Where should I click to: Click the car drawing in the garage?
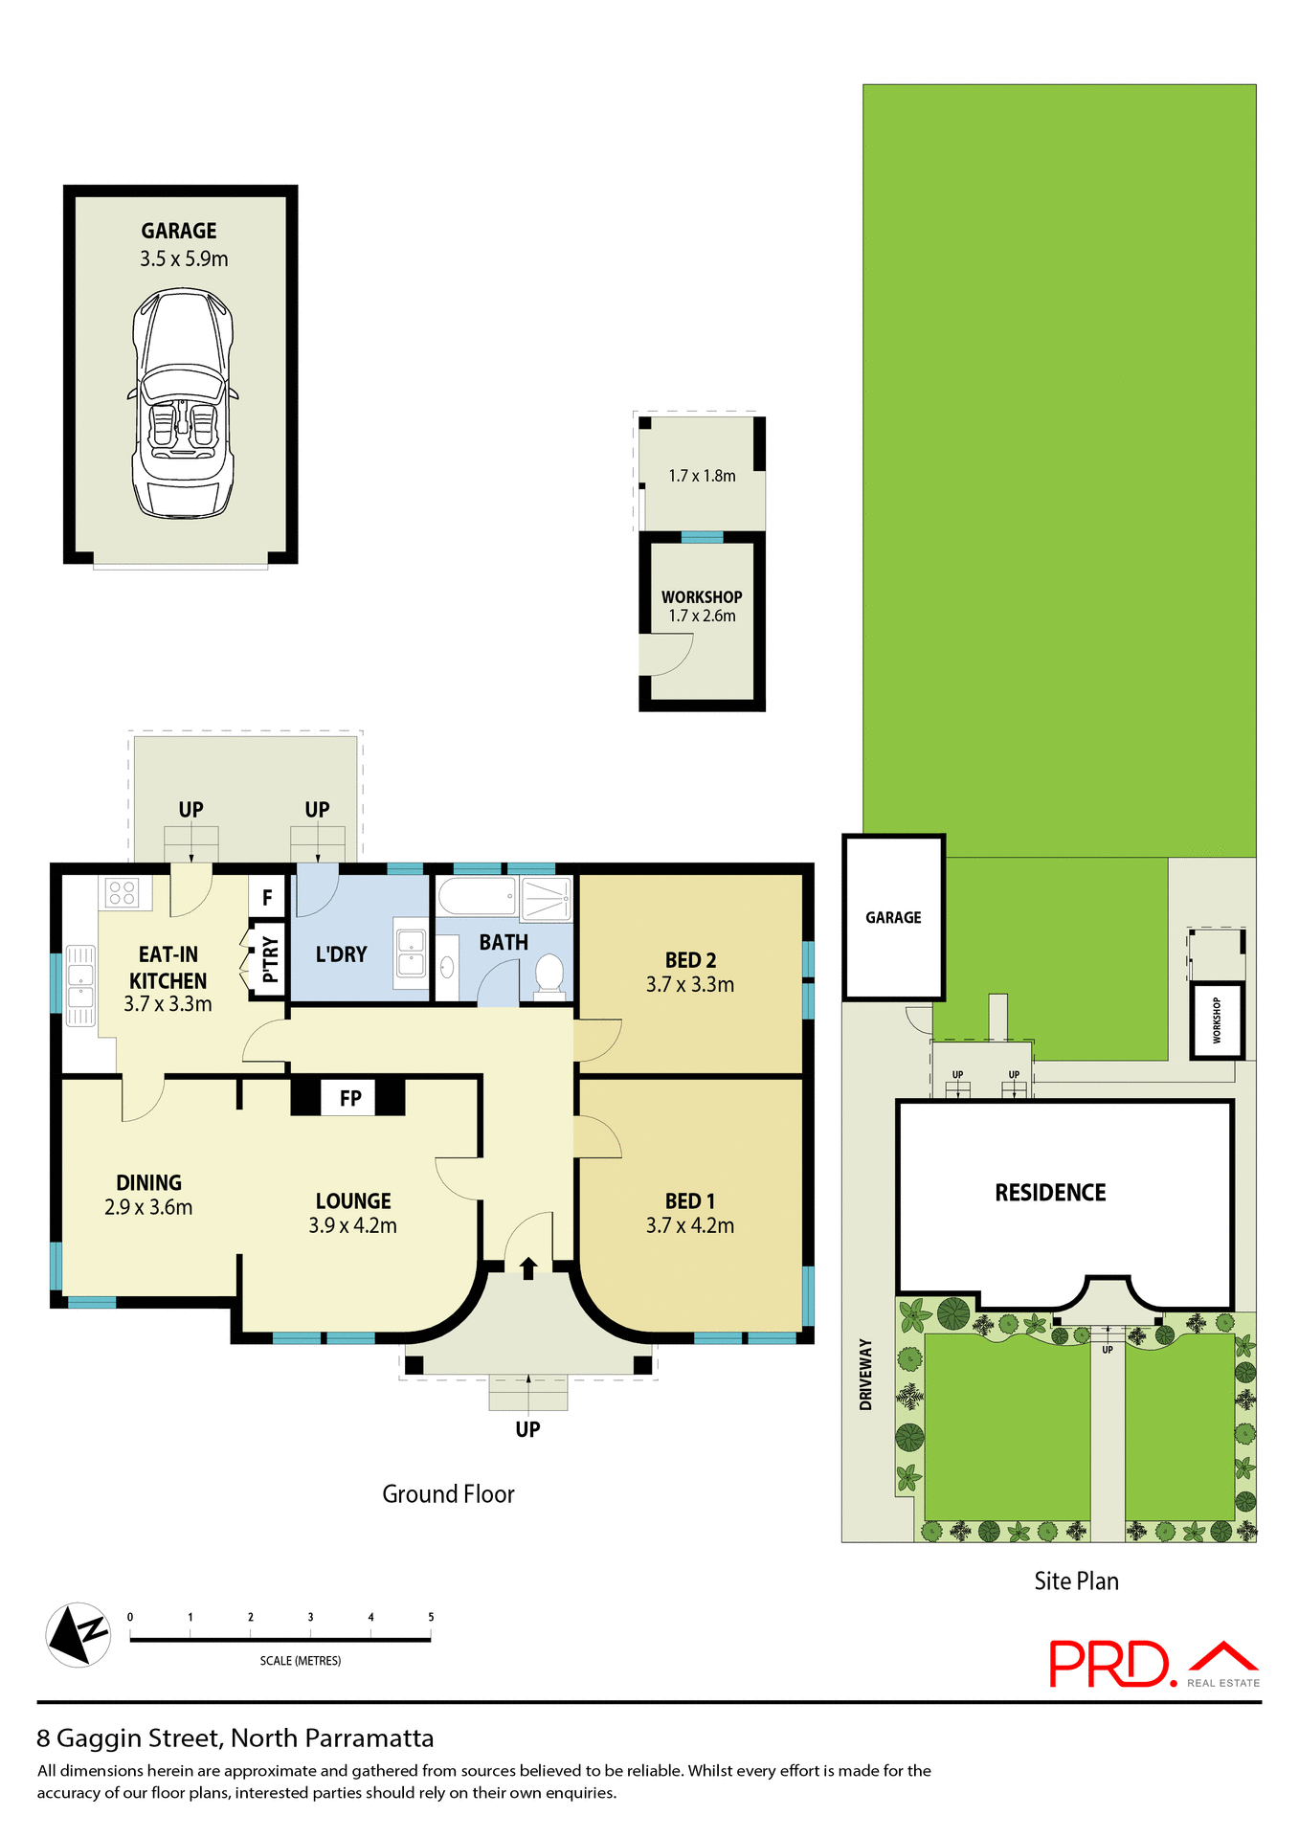[182, 403]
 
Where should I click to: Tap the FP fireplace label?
[350, 1098]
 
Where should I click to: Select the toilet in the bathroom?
[549, 975]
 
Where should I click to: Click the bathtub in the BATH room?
[477, 897]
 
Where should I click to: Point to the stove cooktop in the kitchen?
[123, 893]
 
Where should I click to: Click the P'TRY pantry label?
[270, 959]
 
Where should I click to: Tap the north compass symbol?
[78, 1634]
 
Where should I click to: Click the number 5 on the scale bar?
[431, 1617]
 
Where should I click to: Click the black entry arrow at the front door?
[528, 1267]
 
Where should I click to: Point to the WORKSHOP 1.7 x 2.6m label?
[702, 606]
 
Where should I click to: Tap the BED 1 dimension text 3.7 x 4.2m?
[690, 1225]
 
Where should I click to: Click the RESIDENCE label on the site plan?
[1050, 1193]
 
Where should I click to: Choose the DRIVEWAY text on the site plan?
[866, 1374]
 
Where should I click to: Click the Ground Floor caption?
[448, 1494]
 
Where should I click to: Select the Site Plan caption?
[1076, 1581]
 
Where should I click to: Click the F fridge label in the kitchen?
[267, 898]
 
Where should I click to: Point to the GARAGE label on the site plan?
[893, 917]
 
